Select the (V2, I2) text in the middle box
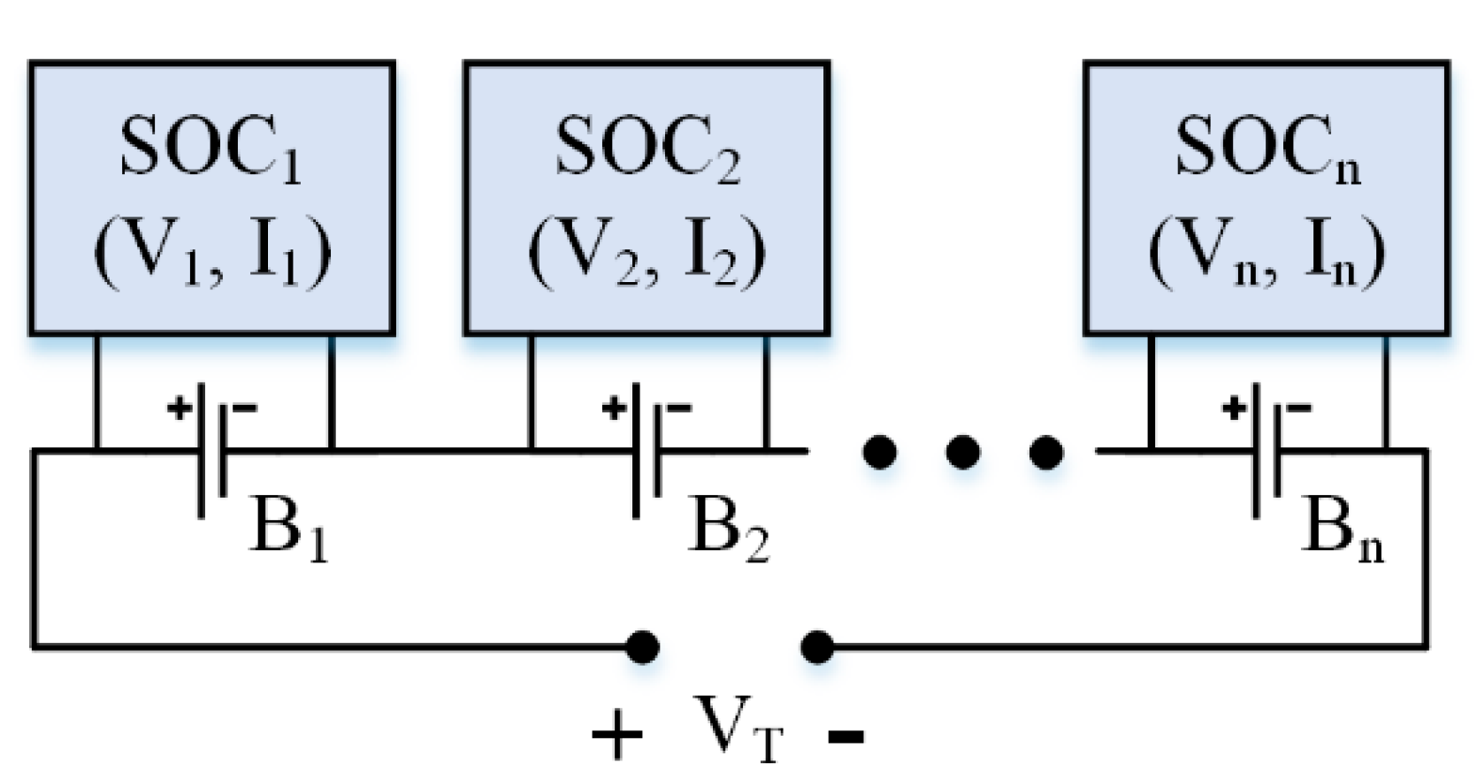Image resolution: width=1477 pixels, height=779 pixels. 647,252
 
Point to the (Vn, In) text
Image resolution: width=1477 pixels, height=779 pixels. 1267,252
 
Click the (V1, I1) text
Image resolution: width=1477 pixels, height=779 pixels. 212,252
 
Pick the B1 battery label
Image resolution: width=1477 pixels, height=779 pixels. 288,531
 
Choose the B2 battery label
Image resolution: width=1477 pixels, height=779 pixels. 727,531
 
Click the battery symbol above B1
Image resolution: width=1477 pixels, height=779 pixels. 212,451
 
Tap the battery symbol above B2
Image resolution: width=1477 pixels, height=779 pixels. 647,451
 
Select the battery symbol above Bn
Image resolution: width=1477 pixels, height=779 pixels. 1267,451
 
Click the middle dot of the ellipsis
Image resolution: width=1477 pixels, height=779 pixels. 962,453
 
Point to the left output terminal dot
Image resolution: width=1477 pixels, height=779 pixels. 642,647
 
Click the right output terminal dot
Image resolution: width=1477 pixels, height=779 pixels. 816,647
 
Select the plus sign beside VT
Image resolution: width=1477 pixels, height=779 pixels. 616,734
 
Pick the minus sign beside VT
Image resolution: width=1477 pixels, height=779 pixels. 846,734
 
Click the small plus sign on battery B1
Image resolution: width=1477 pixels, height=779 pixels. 179,409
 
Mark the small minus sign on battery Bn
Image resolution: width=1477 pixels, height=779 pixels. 1298,409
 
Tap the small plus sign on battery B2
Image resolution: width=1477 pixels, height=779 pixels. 613,409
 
